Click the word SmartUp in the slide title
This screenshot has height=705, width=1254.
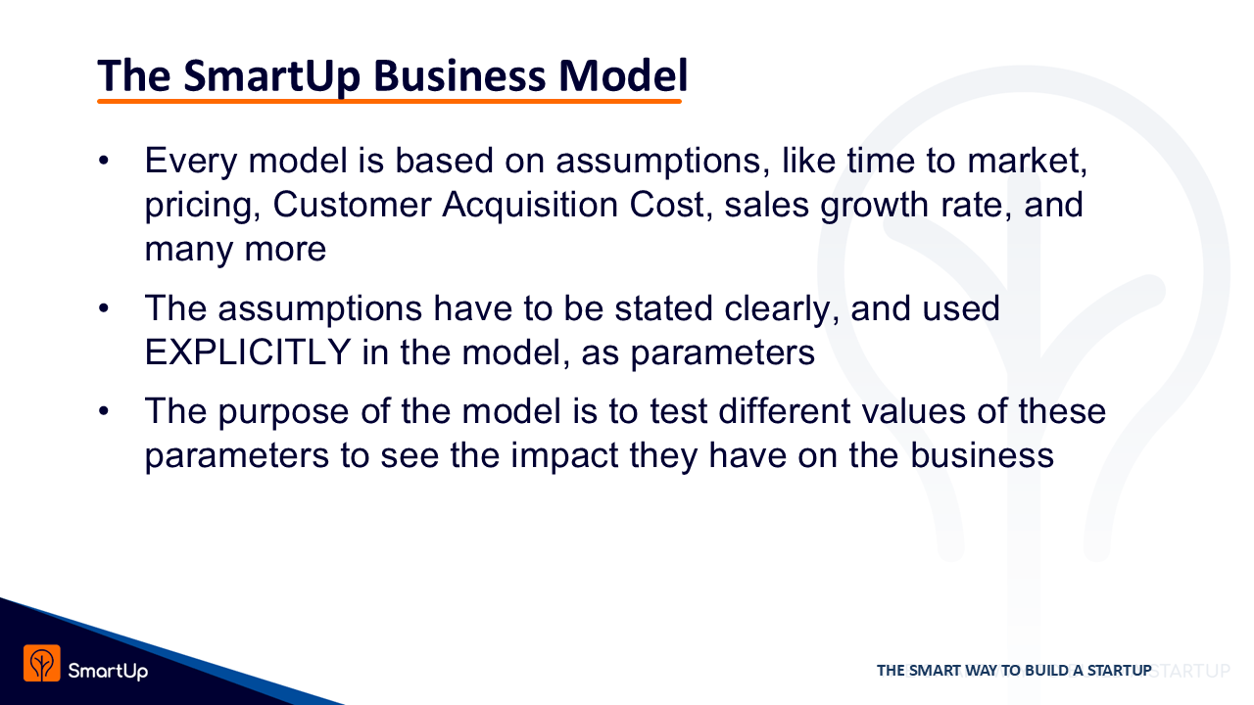click(x=272, y=76)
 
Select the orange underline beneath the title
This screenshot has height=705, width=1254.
click(x=389, y=101)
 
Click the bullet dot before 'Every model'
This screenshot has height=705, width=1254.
click(x=104, y=162)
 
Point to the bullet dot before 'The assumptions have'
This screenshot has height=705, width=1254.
click(x=104, y=308)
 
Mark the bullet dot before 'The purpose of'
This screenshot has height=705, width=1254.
click(x=104, y=411)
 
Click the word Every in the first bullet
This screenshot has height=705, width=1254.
click(x=191, y=162)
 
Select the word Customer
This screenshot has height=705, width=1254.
click(x=352, y=205)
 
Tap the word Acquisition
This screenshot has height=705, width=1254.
click(x=530, y=205)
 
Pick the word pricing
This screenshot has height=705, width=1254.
click(x=203, y=206)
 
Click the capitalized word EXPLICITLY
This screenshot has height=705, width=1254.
click(x=248, y=352)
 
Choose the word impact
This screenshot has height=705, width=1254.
click(x=564, y=456)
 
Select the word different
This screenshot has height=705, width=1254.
click(x=785, y=411)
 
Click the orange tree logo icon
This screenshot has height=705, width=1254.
click(x=42, y=663)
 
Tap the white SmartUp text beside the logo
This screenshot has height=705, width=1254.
click(x=108, y=671)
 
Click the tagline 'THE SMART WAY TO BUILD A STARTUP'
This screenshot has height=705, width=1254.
click(x=1014, y=671)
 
